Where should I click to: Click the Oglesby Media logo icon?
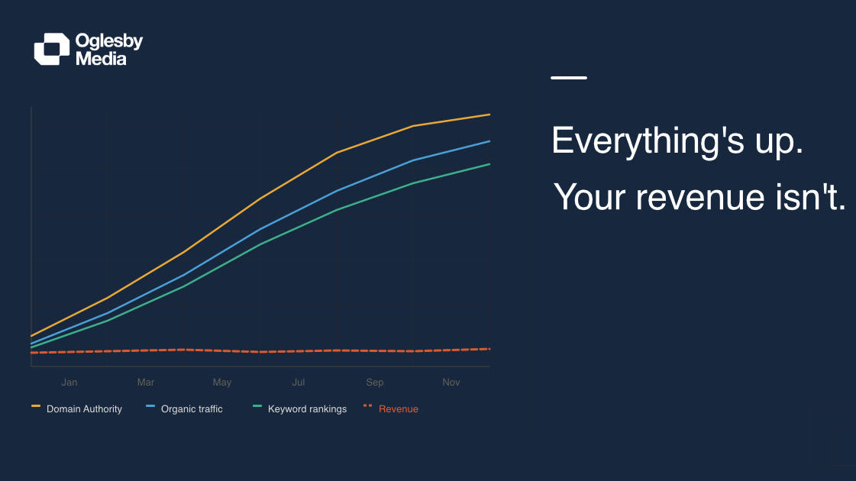tap(51, 49)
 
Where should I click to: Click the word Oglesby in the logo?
tap(109, 41)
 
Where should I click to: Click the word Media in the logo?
tap(101, 59)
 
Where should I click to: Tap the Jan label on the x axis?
tap(69, 383)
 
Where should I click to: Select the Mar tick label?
tap(146, 383)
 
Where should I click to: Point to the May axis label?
tap(222, 383)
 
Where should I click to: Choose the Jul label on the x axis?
tap(299, 383)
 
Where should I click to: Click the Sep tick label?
tap(375, 383)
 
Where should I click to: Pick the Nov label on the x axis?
tap(451, 383)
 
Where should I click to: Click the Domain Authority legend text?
tap(84, 409)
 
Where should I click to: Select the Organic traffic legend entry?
tap(192, 409)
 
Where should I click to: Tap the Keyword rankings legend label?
tap(307, 409)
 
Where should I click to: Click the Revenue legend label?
tap(399, 409)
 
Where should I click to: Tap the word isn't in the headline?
tap(810, 197)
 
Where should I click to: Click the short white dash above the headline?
tap(569, 78)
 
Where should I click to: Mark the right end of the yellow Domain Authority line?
tap(489, 115)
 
